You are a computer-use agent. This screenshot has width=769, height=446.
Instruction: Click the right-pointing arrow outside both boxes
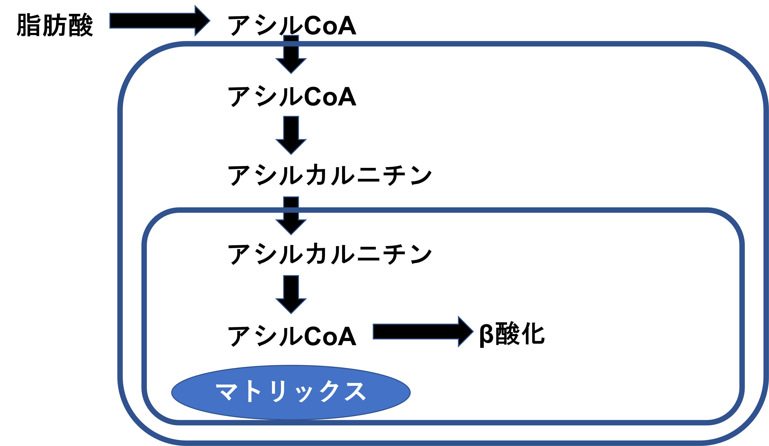coord(159,21)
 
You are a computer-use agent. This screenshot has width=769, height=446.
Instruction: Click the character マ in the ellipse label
coord(226,391)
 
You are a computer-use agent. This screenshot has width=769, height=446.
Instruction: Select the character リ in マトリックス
coord(278,391)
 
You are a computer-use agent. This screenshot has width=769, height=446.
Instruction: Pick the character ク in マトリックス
coord(330,391)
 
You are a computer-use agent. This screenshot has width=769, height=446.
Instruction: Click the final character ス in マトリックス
coord(355,391)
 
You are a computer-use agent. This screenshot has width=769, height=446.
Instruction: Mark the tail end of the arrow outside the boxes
coord(110,21)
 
